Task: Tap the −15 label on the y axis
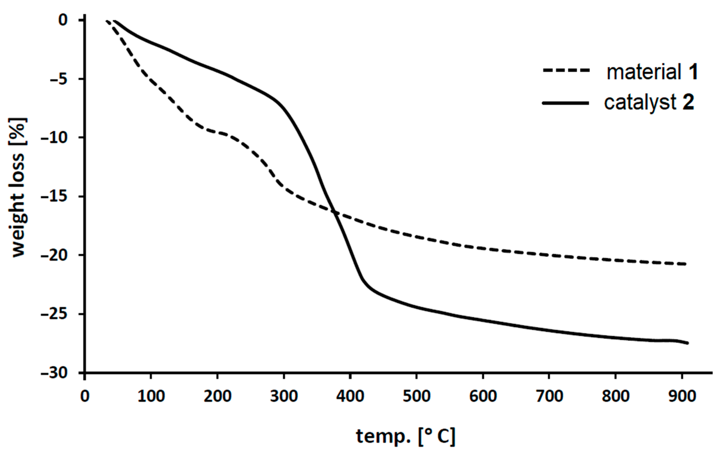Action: click(54, 196)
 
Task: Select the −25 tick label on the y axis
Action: click(54, 314)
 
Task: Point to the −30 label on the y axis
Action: click(54, 373)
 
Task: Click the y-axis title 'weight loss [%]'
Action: click(19, 187)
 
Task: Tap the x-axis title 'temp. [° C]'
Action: click(405, 436)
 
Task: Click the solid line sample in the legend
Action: click(566, 103)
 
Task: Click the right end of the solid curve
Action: click(688, 343)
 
